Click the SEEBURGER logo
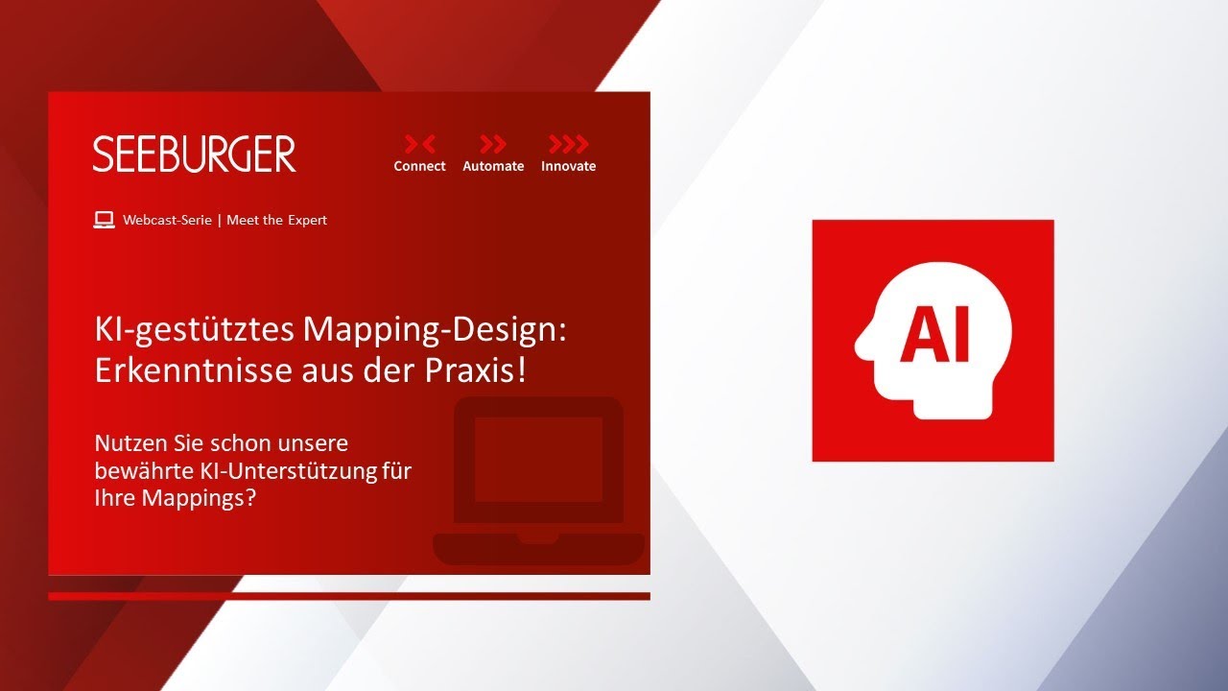[x=194, y=155]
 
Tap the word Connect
[x=419, y=166]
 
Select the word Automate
[x=493, y=166]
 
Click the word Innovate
[x=569, y=166]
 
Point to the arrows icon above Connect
[x=420, y=144]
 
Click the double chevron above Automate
[x=493, y=144]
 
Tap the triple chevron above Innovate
[x=569, y=144]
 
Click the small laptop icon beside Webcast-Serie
[x=104, y=220]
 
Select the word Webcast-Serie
[x=167, y=220]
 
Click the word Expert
[x=308, y=221]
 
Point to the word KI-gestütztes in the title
[x=195, y=330]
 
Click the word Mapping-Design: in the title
[x=435, y=330]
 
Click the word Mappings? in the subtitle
[x=199, y=499]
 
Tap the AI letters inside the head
[x=934, y=334]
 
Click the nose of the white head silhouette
[x=862, y=345]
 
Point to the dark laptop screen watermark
[x=538, y=460]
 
